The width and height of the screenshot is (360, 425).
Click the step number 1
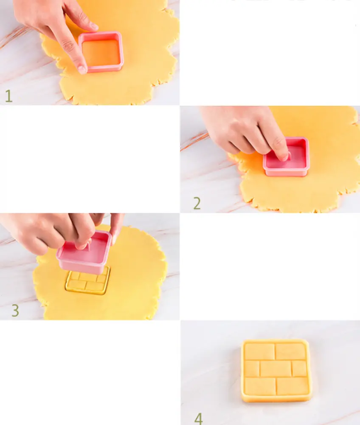8,96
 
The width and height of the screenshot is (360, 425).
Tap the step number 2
197,203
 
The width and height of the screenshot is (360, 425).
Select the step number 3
15,310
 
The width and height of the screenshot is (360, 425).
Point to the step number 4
198,419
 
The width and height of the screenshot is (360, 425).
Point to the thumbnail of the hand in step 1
94,26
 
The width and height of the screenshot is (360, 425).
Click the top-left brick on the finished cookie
259,351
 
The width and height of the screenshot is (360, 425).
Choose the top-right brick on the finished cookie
291,351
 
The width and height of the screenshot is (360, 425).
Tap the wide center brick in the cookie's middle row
276,368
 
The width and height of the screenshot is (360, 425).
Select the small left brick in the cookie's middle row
252,368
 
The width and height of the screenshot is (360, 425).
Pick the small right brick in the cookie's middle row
299,368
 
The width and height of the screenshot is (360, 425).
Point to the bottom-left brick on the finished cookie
260,386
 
